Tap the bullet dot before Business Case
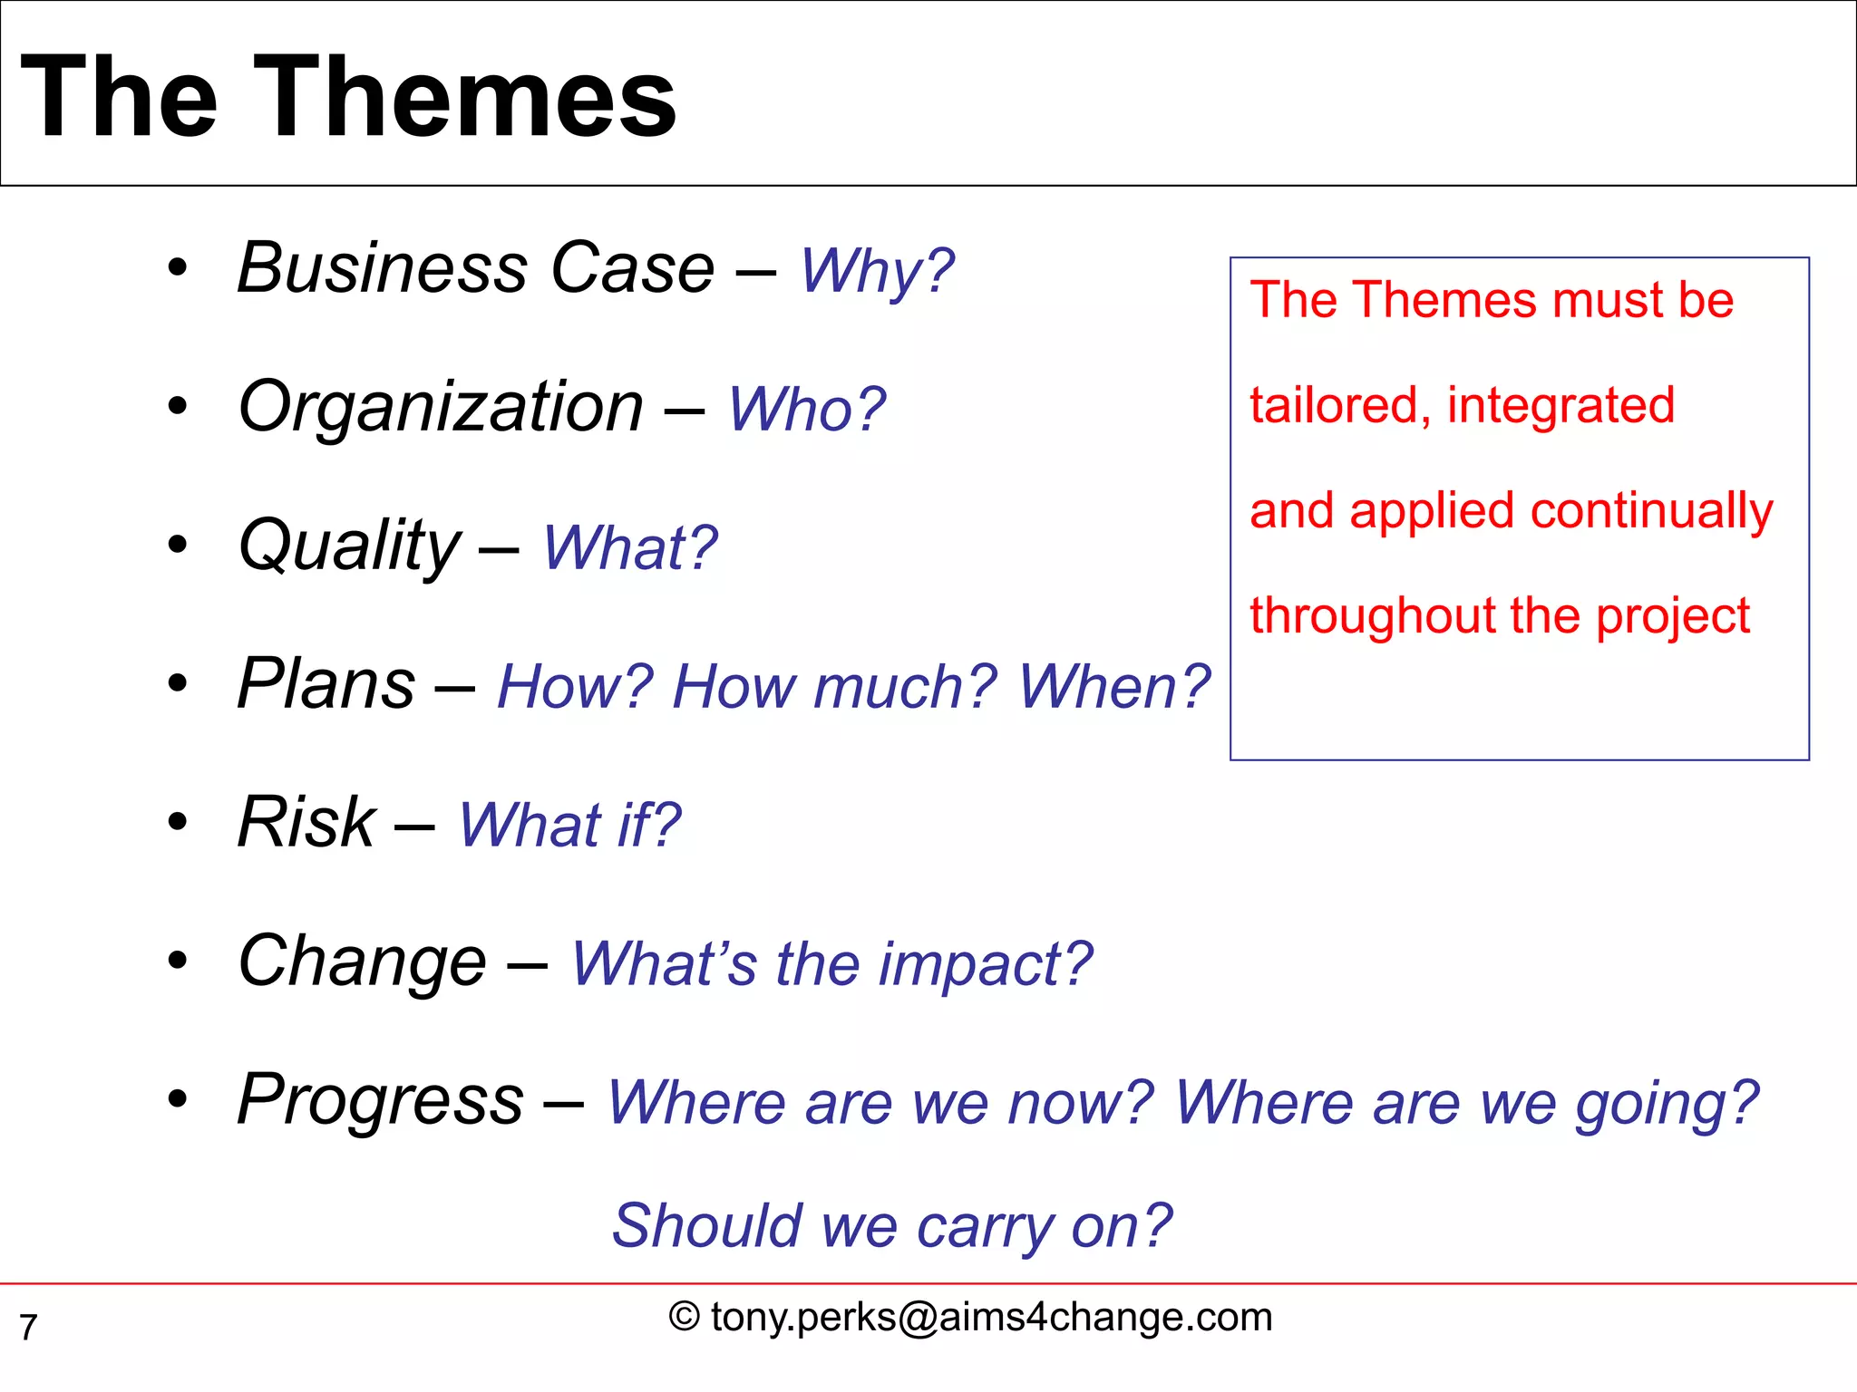(x=178, y=268)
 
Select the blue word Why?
(x=876, y=271)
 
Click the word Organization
(x=441, y=408)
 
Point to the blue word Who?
(x=806, y=410)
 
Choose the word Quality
(x=350, y=546)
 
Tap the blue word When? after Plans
(x=1113, y=687)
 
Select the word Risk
(x=306, y=822)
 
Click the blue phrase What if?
(x=569, y=826)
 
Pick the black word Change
(x=362, y=962)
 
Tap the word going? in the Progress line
(x=1667, y=1105)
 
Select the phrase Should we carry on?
(x=892, y=1226)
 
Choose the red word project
(x=1672, y=617)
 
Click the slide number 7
(x=28, y=1328)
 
